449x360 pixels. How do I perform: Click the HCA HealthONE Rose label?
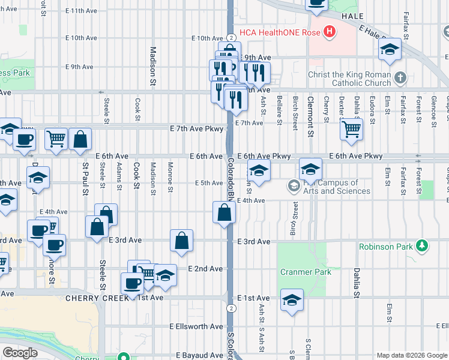click(x=280, y=32)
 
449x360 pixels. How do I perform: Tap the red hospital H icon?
click(x=329, y=32)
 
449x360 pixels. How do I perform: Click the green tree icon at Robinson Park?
click(x=422, y=246)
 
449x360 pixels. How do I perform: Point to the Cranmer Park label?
click(x=306, y=272)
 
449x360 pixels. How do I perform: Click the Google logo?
click(x=20, y=352)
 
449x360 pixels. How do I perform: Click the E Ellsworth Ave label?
click(x=196, y=327)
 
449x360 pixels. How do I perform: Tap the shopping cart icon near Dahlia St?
click(x=351, y=128)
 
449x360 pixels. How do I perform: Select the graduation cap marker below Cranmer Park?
click(x=292, y=299)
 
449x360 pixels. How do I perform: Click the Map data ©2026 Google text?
click(x=412, y=355)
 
